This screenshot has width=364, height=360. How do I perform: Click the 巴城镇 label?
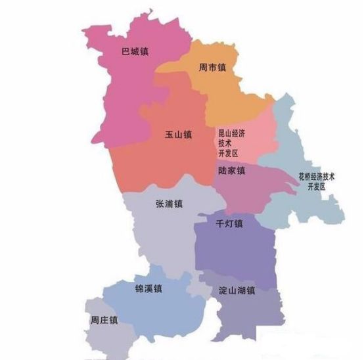(136, 52)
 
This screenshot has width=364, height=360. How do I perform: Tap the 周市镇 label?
(212, 68)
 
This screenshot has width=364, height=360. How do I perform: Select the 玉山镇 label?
(178, 135)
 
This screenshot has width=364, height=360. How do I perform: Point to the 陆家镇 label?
(231, 171)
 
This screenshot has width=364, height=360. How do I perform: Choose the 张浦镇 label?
(169, 204)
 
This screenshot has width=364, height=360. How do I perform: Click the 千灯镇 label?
(229, 223)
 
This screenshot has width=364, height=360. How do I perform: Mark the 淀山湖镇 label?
(236, 290)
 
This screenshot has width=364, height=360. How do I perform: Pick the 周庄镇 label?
(104, 321)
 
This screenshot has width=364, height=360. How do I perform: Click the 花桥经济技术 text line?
(317, 177)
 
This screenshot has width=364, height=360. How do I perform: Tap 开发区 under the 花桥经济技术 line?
(316, 187)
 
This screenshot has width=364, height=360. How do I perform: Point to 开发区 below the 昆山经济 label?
(228, 153)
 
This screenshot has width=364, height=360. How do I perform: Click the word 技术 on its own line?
(225, 143)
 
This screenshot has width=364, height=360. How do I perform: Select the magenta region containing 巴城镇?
(125, 92)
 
